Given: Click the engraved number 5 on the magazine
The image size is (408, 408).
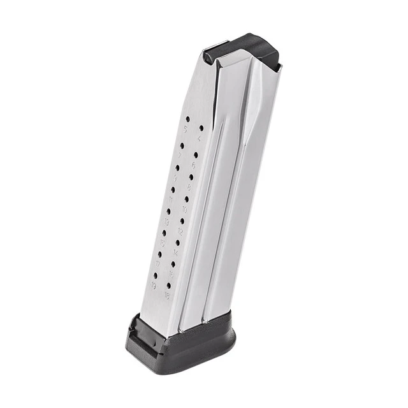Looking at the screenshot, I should click(x=186, y=129).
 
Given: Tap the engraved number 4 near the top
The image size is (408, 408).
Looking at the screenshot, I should click(x=200, y=138).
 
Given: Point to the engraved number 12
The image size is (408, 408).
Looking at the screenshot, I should click(x=180, y=232).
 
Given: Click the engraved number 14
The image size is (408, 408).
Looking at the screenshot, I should click(x=175, y=253).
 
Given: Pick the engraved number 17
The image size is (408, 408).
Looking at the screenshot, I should click(x=157, y=264).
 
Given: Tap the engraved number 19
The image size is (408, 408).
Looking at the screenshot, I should click(x=153, y=285).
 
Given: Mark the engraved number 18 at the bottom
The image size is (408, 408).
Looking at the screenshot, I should click(x=167, y=296).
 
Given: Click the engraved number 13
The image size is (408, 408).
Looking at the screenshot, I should click(x=166, y=221).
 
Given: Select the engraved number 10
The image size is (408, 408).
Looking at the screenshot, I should click(x=185, y=209).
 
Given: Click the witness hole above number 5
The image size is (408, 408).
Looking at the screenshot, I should click(x=187, y=119).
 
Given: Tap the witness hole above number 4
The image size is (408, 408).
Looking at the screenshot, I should click(x=201, y=127).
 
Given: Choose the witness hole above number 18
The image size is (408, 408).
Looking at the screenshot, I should click(x=168, y=286).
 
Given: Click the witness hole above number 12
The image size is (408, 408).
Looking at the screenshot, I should click(x=182, y=221).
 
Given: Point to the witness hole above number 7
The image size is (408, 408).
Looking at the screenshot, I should click(x=182, y=145).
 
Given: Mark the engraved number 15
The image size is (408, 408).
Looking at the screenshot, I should click(x=162, y=243).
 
